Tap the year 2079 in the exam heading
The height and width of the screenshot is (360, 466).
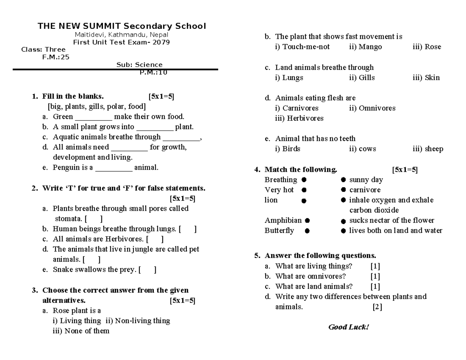(162, 42)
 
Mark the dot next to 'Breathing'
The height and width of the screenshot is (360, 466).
(304, 180)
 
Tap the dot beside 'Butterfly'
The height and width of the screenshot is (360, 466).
(307, 231)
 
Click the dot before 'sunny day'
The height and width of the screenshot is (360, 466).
(343, 180)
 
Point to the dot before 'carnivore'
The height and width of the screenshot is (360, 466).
(343, 190)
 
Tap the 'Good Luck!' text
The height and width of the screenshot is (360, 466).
(348, 327)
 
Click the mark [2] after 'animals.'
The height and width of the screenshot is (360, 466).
(377, 307)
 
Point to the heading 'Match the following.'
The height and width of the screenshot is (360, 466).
(301, 170)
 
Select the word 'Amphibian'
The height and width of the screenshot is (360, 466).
(283, 221)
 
